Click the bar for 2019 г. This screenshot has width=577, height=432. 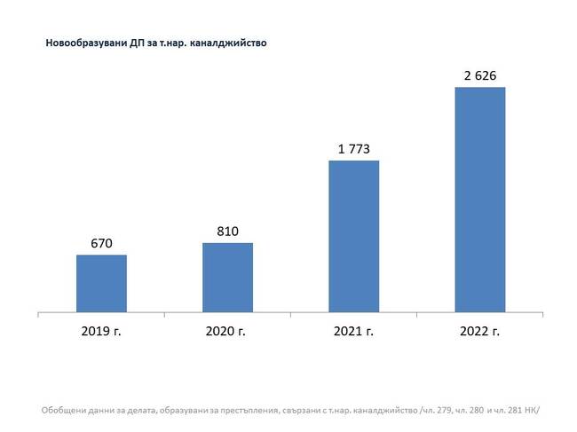pyautogui.click(x=101, y=284)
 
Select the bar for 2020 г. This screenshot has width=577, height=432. pyautogui.click(x=227, y=278)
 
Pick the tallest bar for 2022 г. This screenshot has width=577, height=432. pyautogui.click(x=479, y=200)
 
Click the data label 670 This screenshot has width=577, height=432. pyautogui.click(x=101, y=242)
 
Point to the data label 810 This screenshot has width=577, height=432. pyautogui.click(x=227, y=231)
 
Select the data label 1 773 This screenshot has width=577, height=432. pyautogui.click(x=353, y=147)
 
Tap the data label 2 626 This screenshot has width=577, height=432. pyautogui.click(x=479, y=74)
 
